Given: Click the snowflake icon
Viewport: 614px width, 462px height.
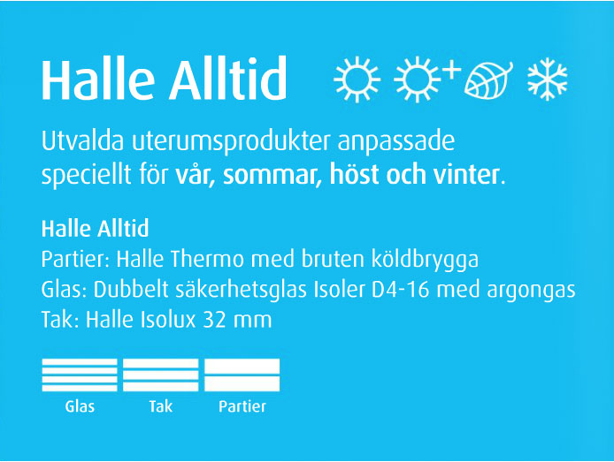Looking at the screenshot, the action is (x=547, y=79).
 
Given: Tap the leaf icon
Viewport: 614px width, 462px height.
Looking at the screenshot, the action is (x=488, y=80).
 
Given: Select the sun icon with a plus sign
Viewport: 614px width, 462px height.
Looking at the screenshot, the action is (x=426, y=80).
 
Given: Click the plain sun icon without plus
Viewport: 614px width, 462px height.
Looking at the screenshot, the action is (x=357, y=80).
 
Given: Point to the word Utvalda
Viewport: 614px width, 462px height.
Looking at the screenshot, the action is (x=82, y=140).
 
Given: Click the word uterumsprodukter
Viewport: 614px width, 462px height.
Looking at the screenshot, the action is (x=231, y=142).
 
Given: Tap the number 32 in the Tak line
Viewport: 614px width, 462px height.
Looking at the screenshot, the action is (x=215, y=320).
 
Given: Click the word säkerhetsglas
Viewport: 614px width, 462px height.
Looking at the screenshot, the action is (x=241, y=290).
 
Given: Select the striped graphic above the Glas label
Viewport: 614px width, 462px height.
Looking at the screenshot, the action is (x=80, y=375).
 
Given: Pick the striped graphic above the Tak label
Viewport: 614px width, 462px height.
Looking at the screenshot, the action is (x=160, y=375).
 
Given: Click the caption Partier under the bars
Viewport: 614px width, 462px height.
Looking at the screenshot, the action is (x=242, y=406).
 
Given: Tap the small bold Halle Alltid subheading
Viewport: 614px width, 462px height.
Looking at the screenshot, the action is (x=96, y=229).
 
